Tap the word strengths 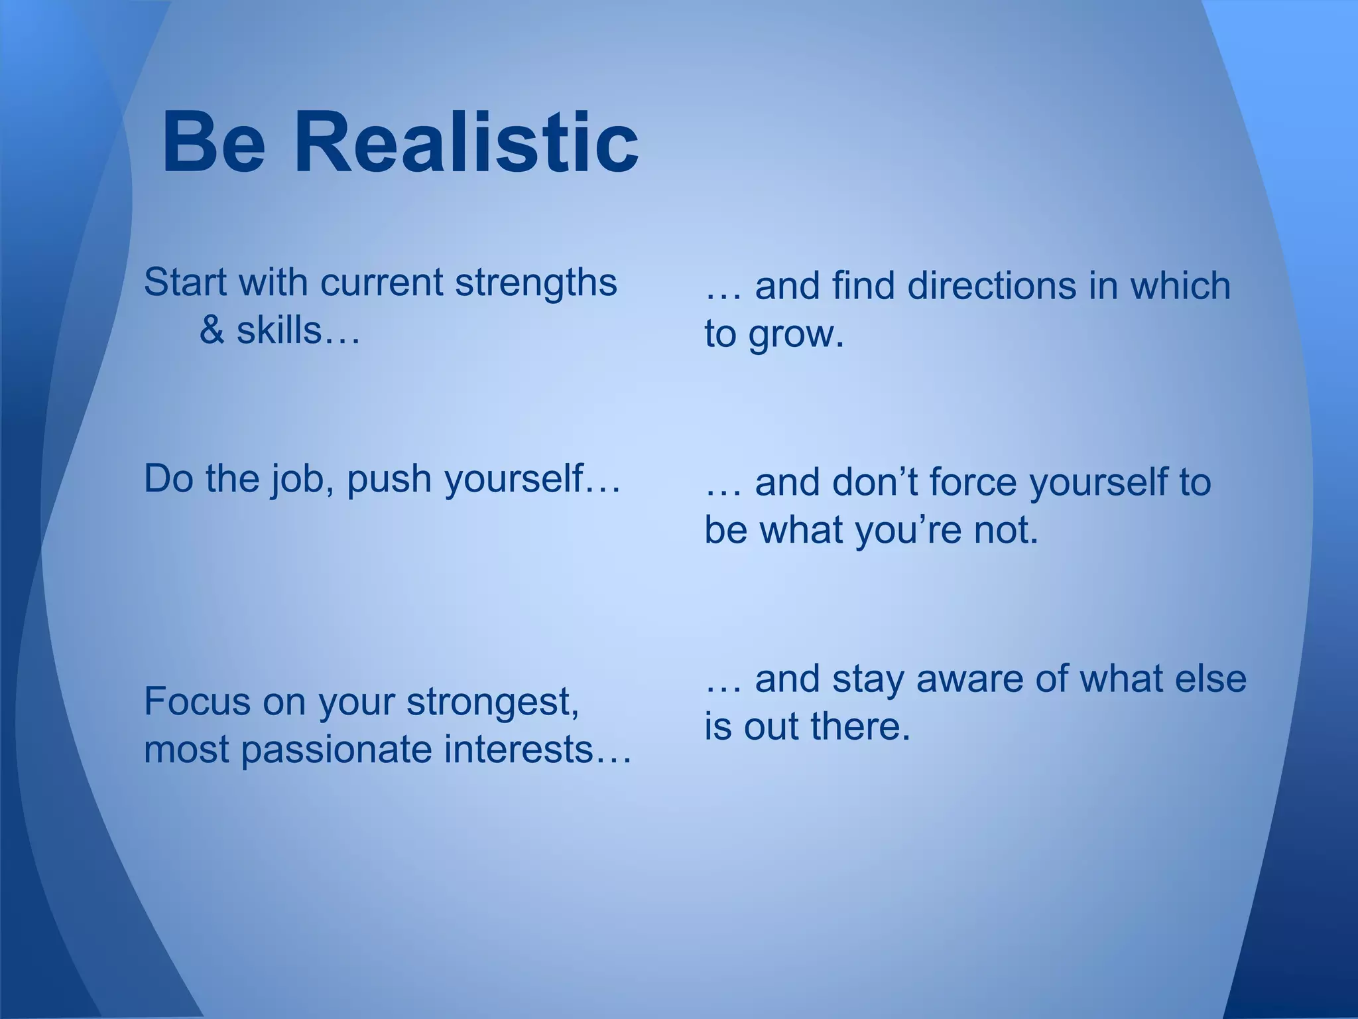(x=536, y=283)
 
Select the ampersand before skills (x=212, y=330)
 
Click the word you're (x=908, y=531)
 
